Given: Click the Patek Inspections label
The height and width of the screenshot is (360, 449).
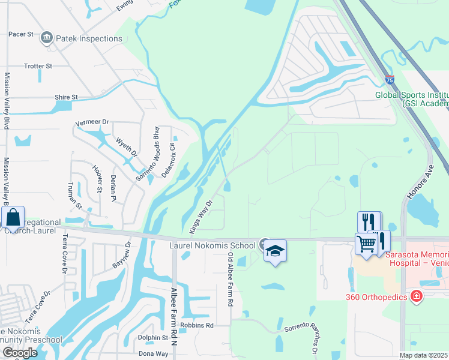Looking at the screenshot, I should [89, 38].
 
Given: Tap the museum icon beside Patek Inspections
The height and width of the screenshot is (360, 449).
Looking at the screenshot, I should [46, 38].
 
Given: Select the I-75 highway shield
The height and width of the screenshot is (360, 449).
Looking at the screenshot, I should [390, 80].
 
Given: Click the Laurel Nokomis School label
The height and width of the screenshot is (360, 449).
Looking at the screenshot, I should [212, 245].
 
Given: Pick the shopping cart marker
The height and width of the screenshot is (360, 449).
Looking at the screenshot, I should [366, 244].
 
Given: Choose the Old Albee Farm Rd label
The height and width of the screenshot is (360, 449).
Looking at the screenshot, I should [230, 280].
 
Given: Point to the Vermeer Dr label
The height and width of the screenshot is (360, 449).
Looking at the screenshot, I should [92, 122].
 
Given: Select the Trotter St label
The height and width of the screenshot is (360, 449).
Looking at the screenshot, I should [38, 65].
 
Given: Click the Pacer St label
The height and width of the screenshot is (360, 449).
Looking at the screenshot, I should [20, 34].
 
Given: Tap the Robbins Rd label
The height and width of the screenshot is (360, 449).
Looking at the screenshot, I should [201, 325].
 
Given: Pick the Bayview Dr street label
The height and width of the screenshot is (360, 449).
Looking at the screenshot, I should [121, 256].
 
